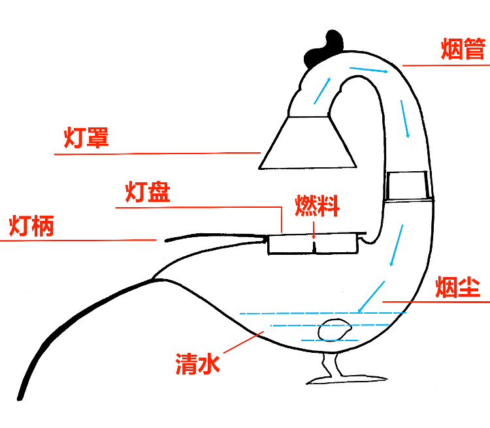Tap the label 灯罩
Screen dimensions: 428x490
86,138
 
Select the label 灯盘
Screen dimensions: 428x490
147,193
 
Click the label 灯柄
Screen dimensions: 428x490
31,226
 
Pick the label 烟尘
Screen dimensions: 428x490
457,287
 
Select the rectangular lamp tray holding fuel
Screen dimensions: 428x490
313,244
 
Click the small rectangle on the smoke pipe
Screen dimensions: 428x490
407,186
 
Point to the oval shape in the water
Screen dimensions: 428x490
333,330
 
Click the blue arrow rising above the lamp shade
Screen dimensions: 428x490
322,91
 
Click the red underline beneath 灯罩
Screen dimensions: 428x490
157,154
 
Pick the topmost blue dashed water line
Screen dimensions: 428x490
323,313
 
